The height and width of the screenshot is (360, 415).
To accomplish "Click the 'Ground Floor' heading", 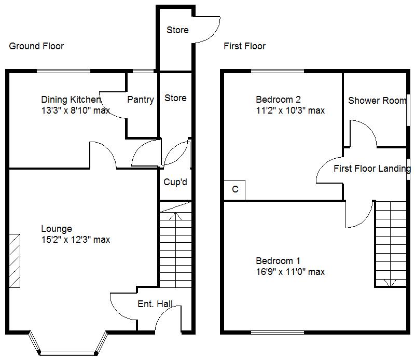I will click(x=36, y=46).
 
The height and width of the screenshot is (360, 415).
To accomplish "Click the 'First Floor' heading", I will click(x=244, y=46).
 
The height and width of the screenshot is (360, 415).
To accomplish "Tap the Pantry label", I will click(x=140, y=100).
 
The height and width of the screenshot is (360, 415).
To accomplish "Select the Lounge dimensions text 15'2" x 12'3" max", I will click(x=76, y=240).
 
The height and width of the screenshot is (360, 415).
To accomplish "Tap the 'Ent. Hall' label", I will click(x=155, y=304).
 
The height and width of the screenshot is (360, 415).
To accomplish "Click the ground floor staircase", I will click(x=174, y=244).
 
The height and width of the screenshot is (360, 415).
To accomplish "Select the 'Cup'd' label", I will click(x=175, y=183).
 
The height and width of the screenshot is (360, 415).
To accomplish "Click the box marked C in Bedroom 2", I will click(x=234, y=190).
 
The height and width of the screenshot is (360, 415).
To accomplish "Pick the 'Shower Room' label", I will click(x=377, y=101).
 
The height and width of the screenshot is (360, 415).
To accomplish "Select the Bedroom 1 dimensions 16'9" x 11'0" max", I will click(x=290, y=272).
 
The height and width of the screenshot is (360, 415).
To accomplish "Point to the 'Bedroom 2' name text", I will click(x=278, y=99).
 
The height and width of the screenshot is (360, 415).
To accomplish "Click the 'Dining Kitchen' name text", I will click(x=71, y=100).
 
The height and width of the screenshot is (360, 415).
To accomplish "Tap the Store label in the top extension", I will click(x=177, y=30).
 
